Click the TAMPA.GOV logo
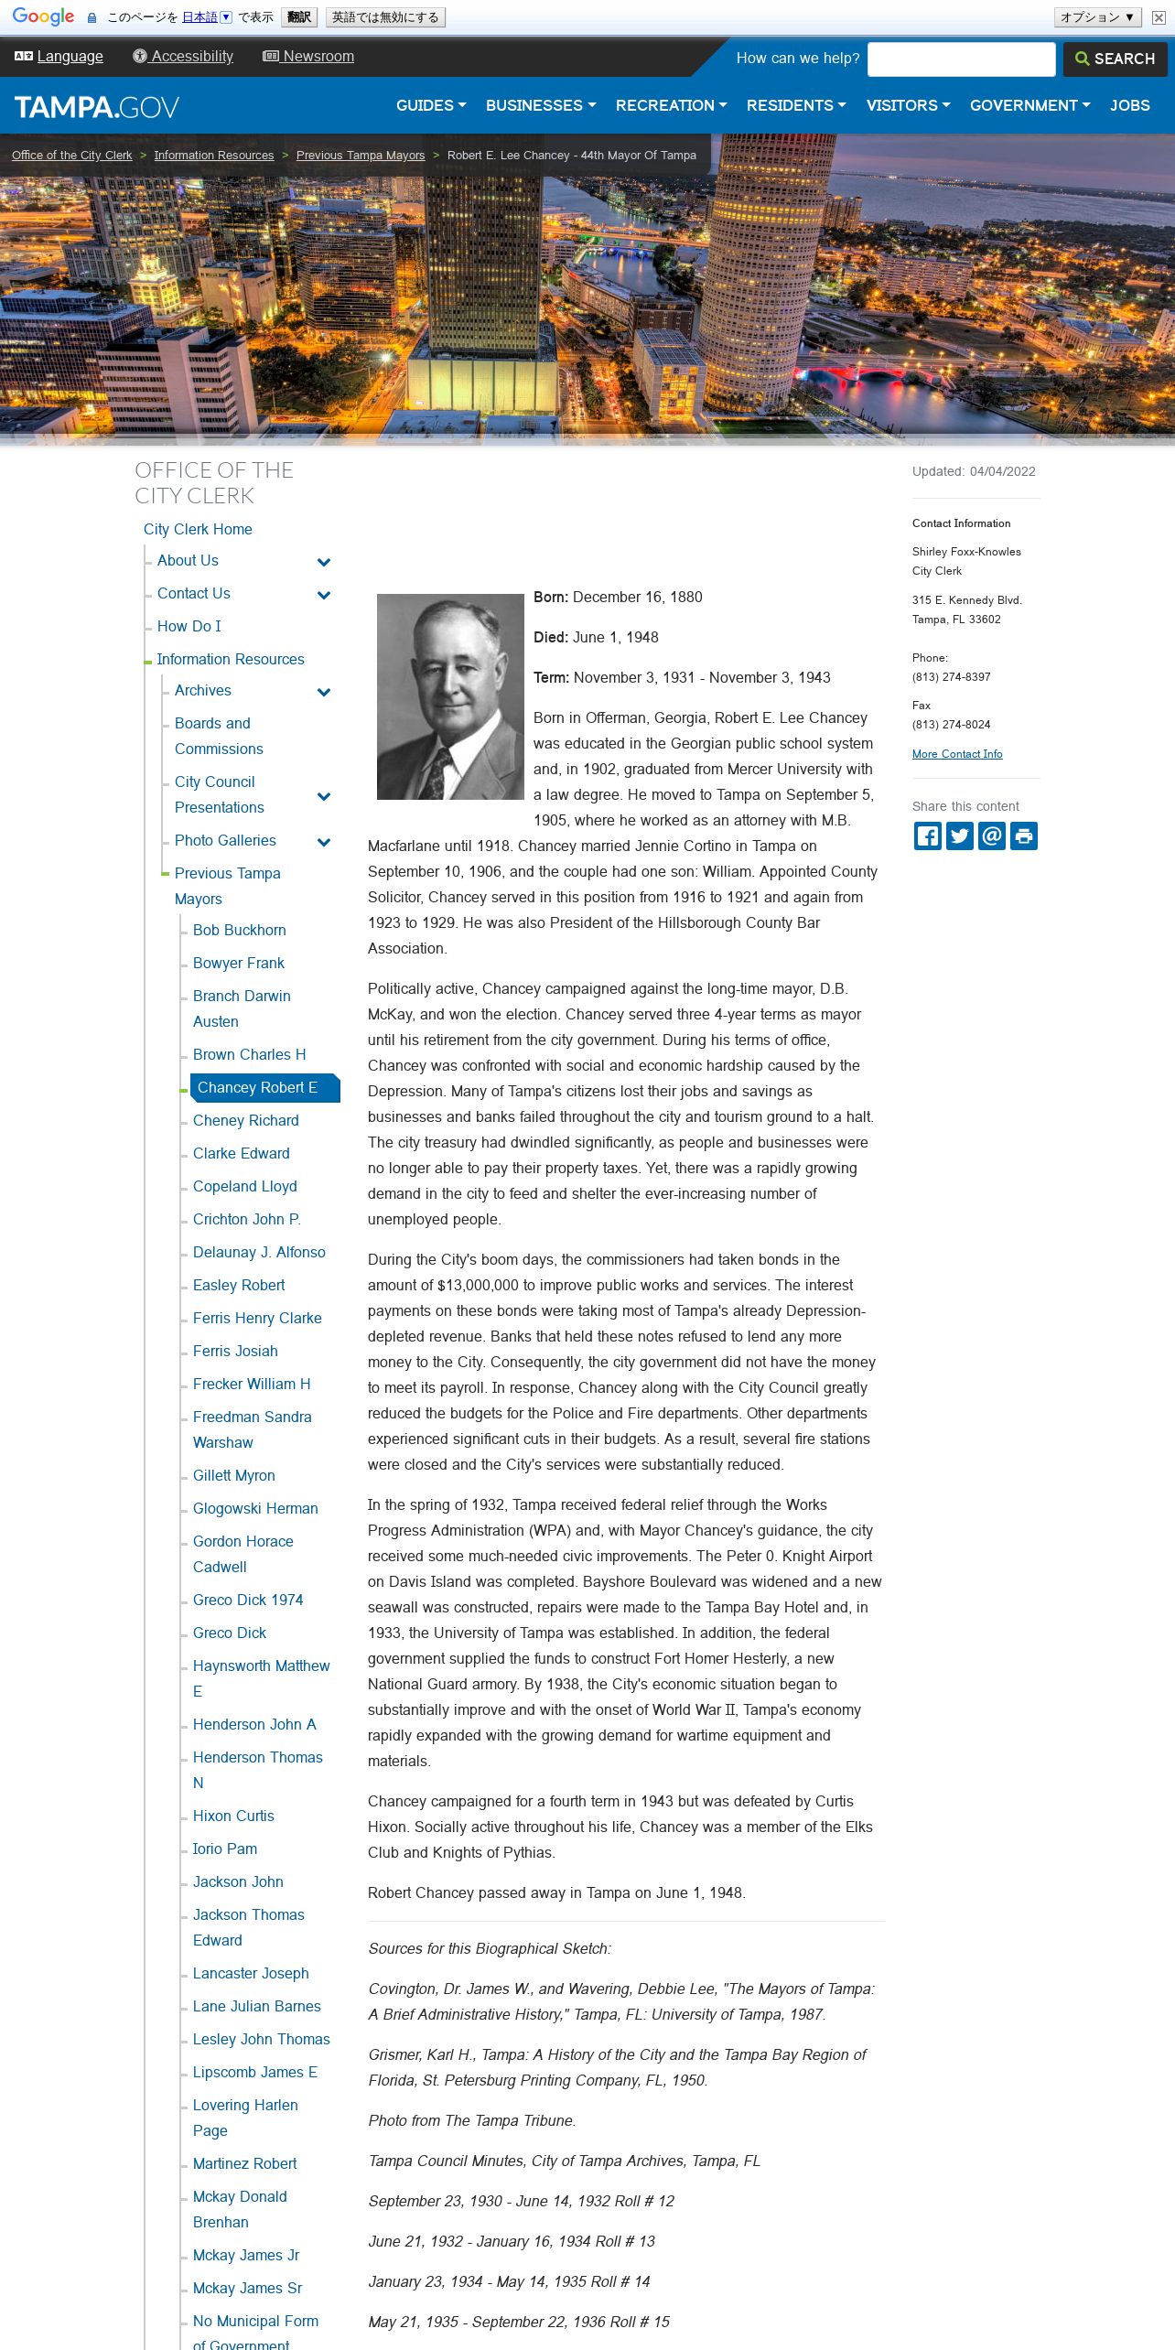[x=97, y=107]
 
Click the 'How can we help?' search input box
[x=961, y=59]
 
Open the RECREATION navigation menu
[x=671, y=105]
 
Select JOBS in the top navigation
[x=1129, y=105]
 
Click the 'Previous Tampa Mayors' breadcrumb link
[x=361, y=156]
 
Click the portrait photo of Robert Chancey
[x=450, y=696]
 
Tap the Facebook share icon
[x=927, y=835]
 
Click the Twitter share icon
[x=959, y=835]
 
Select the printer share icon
[x=1024, y=835]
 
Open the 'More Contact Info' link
[x=956, y=754]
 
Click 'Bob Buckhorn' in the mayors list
[x=239, y=930]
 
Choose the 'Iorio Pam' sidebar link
[x=225, y=1849]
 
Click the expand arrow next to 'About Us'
[x=323, y=562]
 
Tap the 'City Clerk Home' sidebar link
[x=198, y=529]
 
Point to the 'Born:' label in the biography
[x=551, y=598]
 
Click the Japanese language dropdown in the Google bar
[x=207, y=17]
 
